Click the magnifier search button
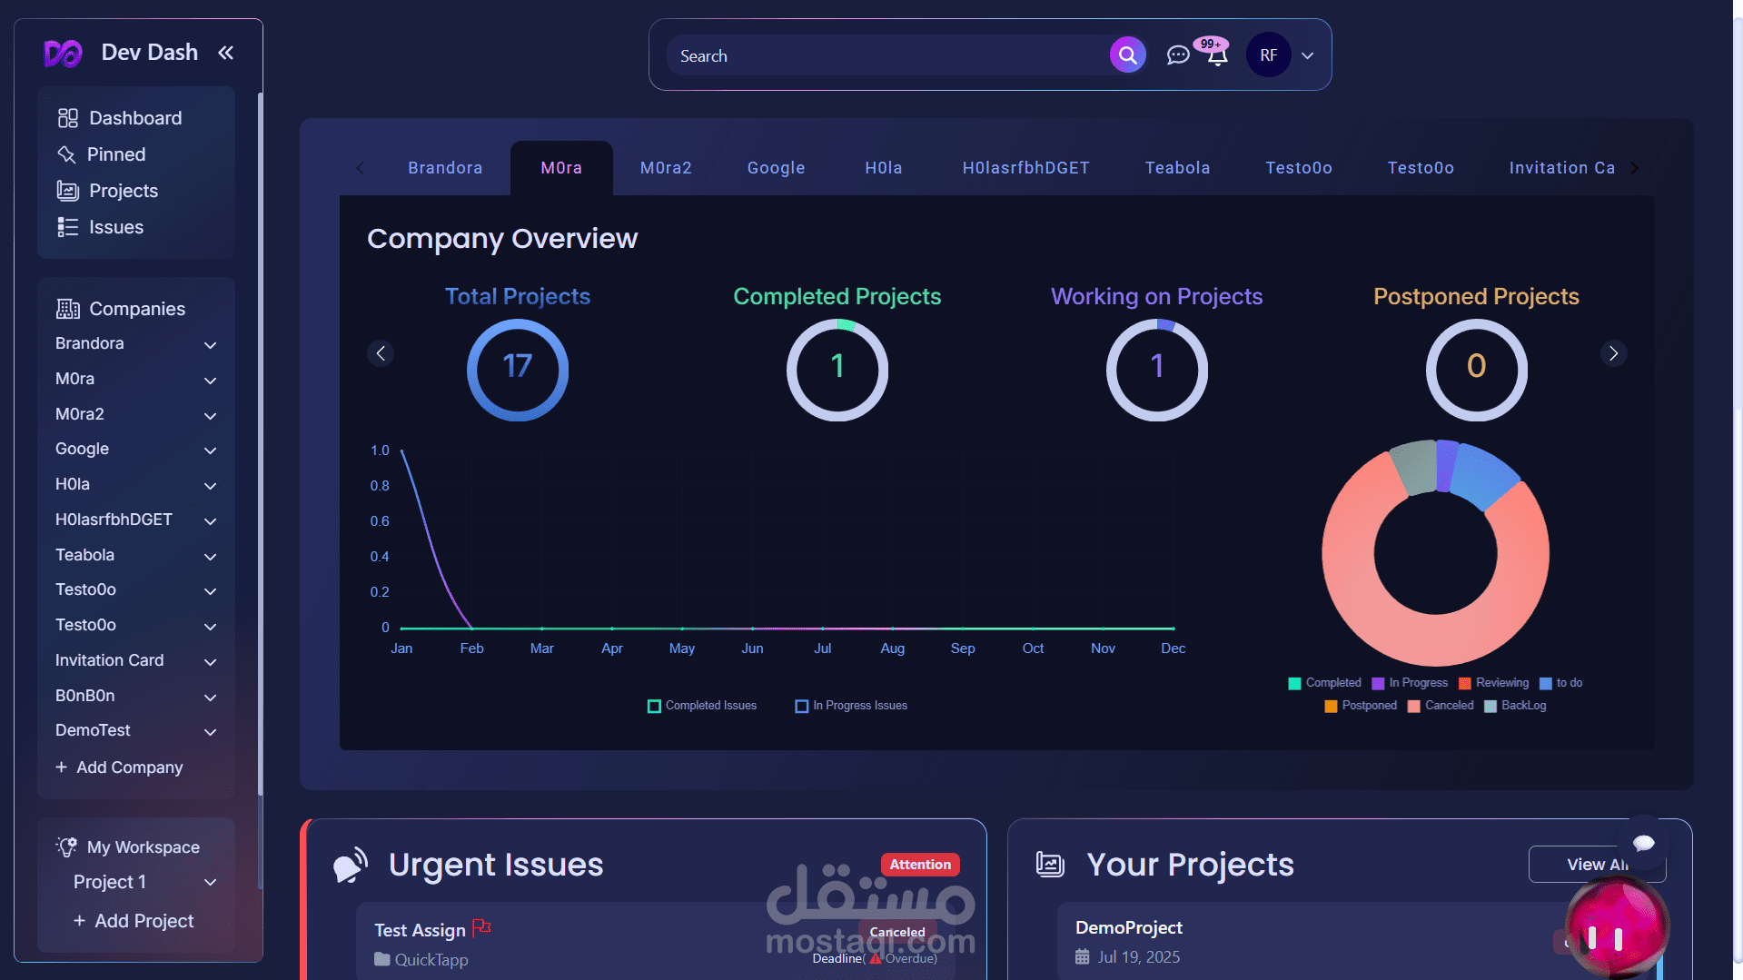click(1127, 55)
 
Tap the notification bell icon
click(1217, 56)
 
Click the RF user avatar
click(1268, 55)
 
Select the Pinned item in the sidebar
click(115, 154)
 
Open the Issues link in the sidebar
click(115, 227)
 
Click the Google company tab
click(776, 168)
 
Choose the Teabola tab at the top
click(1177, 168)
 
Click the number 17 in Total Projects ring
click(518, 367)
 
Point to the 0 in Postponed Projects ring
click(1476, 367)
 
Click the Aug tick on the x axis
click(892, 648)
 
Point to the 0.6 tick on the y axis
click(380, 521)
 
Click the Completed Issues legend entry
click(702, 706)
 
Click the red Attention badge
click(919, 865)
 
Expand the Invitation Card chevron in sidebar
click(210, 662)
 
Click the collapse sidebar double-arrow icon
click(225, 53)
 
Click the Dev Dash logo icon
click(63, 54)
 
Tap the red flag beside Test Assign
click(481, 927)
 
